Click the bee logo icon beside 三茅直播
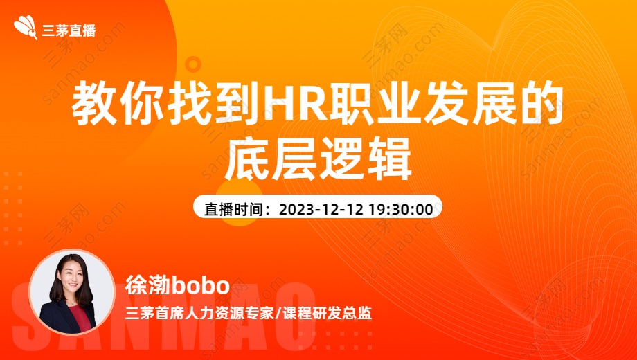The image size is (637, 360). click(26, 28)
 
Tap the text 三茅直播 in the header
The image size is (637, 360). click(69, 30)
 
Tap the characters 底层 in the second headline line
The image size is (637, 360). click(271, 159)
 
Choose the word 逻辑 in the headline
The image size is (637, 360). click(365, 159)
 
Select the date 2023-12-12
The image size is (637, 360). click(321, 209)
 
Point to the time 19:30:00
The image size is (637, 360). click(401, 209)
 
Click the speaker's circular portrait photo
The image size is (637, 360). click(72, 291)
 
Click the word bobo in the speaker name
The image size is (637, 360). click(201, 285)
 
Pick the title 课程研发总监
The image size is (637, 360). click(327, 314)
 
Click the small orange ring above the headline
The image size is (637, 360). click(193, 64)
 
